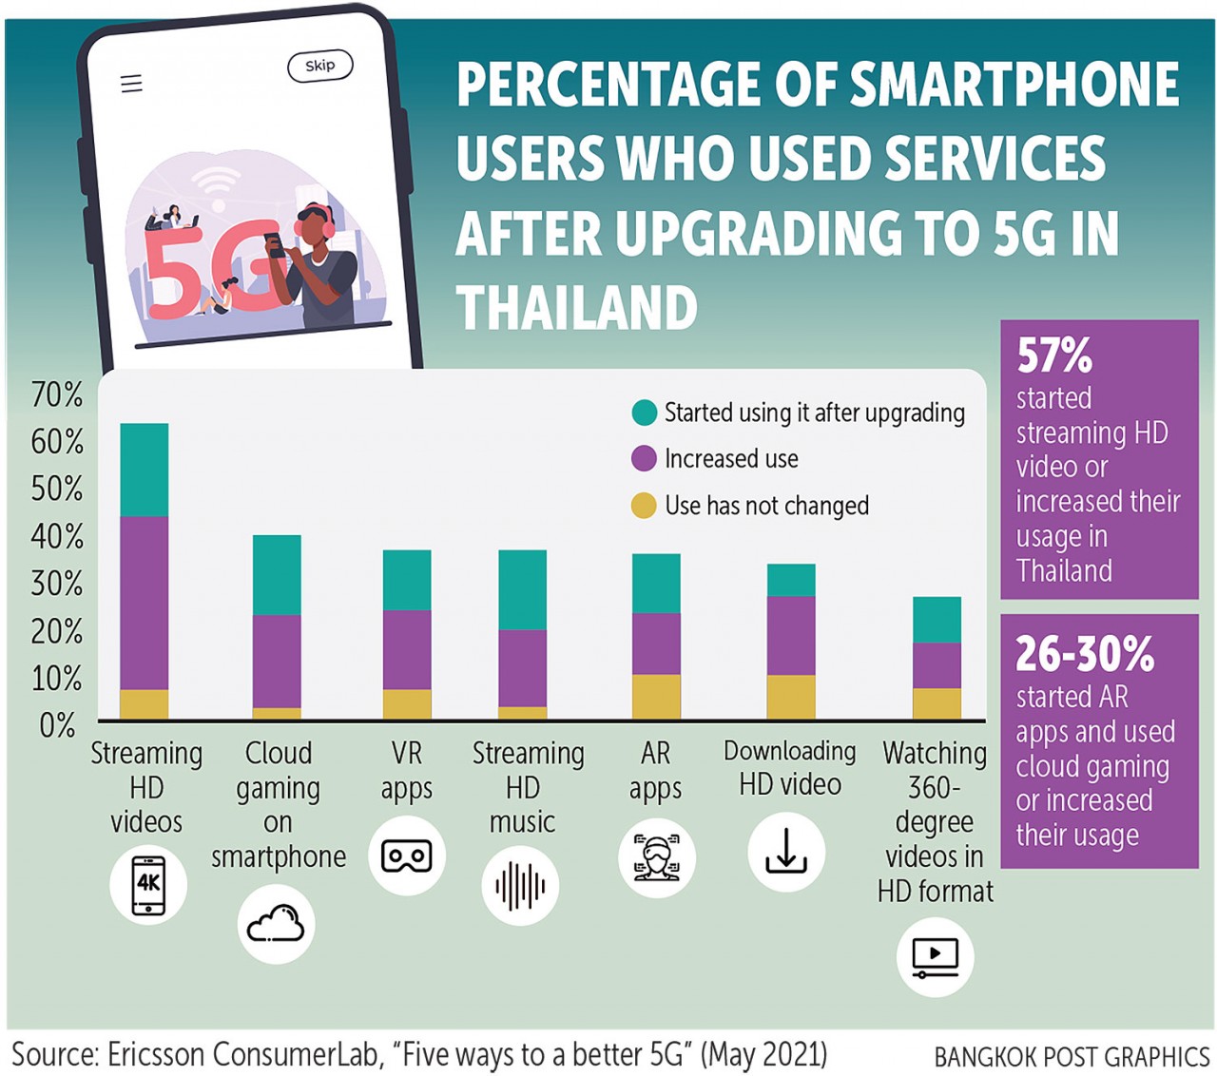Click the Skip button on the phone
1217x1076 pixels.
[319, 66]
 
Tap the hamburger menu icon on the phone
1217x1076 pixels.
[131, 84]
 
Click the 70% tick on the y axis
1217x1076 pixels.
[57, 394]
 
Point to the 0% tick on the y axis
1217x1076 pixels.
[57, 726]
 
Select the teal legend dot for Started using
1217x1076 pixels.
[644, 413]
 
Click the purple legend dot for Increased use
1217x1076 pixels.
[644, 459]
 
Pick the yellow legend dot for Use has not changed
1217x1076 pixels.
[644, 506]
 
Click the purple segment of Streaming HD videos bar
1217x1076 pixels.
[145, 603]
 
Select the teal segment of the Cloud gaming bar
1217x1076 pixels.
[277, 575]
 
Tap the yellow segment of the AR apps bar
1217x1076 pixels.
[656, 697]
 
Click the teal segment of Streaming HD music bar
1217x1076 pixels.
[522, 589]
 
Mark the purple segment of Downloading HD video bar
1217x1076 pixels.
[791, 635]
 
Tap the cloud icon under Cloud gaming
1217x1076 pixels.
[276, 924]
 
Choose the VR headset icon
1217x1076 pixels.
[406, 855]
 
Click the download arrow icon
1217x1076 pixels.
[786, 852]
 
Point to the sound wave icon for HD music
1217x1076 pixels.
[520, 887]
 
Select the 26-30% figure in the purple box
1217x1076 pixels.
[1085, 654]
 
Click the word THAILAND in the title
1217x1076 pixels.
[577, 308]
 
